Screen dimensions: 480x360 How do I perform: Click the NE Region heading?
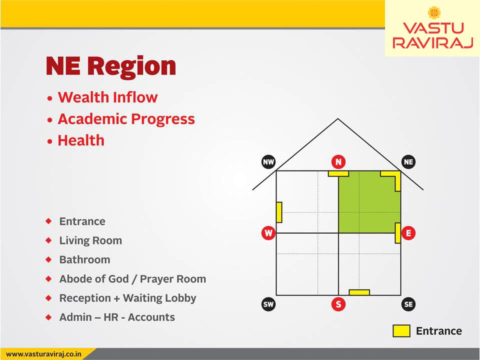pos(111,66)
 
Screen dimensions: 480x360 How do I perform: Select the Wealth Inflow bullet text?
pos(108,97)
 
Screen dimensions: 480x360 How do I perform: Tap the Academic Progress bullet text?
pos(126,119)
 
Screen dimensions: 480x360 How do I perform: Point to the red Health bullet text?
pos(81,140)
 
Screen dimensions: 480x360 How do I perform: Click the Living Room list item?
pos(90,240)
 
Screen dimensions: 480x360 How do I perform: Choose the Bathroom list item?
pos(85,259)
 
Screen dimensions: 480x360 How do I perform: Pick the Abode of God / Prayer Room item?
pos(132,279)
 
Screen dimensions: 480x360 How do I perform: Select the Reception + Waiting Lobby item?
pos(127,298)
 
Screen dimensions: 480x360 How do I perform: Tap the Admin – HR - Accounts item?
pos(117,317)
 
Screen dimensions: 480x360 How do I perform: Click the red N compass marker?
pos(338,162)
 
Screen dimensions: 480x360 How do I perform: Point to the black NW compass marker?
pos(268,162)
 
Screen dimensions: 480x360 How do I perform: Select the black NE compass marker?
pos(408,162)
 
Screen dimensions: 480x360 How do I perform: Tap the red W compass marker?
pos(268,233)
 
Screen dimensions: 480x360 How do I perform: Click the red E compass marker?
pos(408,233)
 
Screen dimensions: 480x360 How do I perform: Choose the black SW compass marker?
pos(268,304)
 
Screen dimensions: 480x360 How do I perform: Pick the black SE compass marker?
pos(408,304)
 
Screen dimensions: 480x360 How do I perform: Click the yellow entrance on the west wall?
pos(279,212)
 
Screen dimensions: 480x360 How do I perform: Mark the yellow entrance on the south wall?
pos(359,292)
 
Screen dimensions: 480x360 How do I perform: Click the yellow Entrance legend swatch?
pos(401,331)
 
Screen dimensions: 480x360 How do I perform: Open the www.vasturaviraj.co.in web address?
pos(43,354)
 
